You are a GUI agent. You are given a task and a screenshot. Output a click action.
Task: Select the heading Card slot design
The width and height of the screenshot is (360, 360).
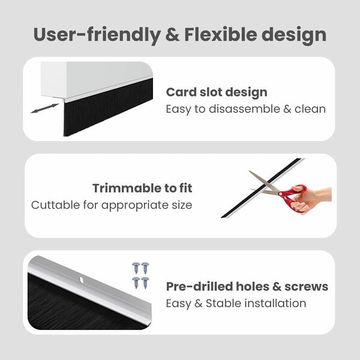point(217,92)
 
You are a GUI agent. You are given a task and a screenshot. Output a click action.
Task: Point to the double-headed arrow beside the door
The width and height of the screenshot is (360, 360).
point(45,109)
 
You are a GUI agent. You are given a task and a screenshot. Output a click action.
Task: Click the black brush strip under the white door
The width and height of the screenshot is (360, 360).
point(108,108)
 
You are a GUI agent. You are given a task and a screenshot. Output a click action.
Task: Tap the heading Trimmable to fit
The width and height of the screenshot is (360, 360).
point(142,188)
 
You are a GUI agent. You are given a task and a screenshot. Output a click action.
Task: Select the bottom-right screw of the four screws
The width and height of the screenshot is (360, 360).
point(145,282)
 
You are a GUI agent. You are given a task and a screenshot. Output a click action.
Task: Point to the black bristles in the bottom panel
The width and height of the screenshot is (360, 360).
point(72,309)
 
